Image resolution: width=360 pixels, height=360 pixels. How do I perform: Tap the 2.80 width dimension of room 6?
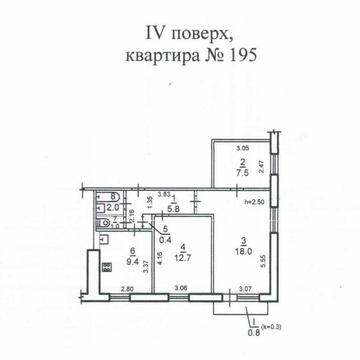[127, 290]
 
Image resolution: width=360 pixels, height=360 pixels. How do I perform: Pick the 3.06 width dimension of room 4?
[181, 290]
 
